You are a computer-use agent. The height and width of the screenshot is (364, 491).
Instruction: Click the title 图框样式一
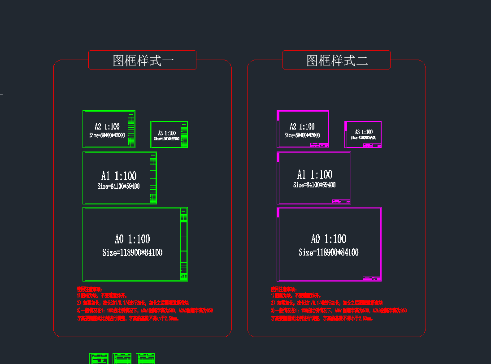click(143, 61)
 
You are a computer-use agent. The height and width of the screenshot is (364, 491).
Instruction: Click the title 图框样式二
click(337, 61)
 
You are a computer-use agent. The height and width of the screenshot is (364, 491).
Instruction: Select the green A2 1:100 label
click(107, 126)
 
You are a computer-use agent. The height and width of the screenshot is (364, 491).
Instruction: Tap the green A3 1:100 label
click(167, 133)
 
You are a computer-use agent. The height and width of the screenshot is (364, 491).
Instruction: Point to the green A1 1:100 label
click(118, 176)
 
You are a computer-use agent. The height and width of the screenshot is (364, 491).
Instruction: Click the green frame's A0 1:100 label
click(132, 239)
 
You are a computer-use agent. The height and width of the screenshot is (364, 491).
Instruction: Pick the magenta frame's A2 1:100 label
click(302, 126)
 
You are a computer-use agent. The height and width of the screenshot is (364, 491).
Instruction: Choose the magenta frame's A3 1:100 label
click(364, 132)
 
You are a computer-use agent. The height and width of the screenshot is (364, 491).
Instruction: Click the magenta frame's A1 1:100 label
click(315, 174)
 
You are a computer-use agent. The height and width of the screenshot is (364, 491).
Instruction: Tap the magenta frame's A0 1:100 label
click(329, 238)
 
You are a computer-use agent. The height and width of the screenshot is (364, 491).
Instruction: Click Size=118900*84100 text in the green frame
click(132, 253)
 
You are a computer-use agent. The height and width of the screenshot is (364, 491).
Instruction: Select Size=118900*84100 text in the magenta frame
click(329, 252)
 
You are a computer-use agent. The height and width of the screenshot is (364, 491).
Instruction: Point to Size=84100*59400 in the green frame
click(118, 186)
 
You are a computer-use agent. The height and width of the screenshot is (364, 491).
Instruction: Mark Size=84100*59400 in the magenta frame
click(314, 185)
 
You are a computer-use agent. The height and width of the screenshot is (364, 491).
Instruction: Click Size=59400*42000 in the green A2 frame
click(107, 135)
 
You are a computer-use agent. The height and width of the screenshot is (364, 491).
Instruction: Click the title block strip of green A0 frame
click(183, 245)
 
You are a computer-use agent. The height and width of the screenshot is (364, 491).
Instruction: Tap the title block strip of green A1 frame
click(153, 178)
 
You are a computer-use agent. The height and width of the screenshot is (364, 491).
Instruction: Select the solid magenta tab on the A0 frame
click(278, 212)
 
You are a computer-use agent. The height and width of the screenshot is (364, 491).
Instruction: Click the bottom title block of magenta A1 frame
click(341, 201)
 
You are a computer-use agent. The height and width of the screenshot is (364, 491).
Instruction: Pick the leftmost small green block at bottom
click(99, 359)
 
